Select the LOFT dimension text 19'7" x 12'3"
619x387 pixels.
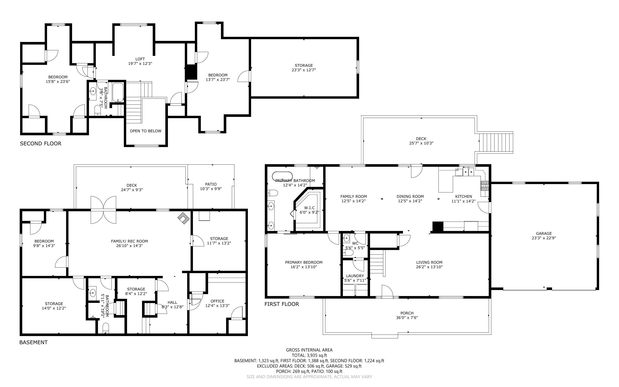click(140, 64)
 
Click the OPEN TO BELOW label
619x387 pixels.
click(145, 131)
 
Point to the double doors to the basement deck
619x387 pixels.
click(104, 210)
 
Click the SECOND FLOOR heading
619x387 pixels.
click(41, 144)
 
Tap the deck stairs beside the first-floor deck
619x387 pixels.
click(496, 143)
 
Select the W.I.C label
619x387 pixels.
click(309, 208)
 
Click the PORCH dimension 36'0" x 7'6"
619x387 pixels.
click(407, 318)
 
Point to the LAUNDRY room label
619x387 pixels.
click(355, 276)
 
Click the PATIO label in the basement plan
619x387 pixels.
click(211, 184)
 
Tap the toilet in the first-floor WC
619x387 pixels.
click(348, 253)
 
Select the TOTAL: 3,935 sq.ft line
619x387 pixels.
click(309, 355)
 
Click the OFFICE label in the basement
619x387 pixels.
click(217, 301)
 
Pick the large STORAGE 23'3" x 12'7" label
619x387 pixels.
click(304, 65)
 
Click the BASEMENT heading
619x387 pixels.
click(34, 342)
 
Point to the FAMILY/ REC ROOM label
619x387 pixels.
click(129, 241)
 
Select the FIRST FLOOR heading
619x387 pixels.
click(281, 304)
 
